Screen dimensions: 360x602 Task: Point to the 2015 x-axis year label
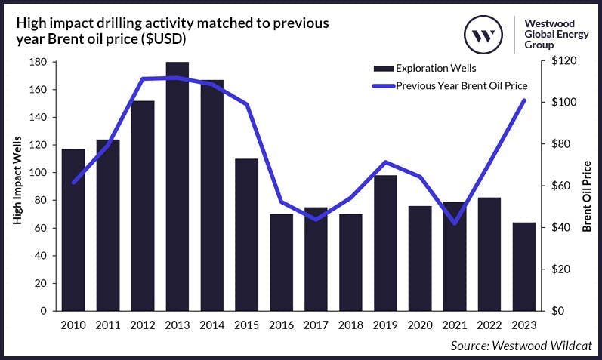[247, 325]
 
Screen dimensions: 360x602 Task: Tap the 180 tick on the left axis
[37, 62]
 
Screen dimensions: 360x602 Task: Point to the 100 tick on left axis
[37, 173]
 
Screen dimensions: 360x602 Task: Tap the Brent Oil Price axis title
[587, 200]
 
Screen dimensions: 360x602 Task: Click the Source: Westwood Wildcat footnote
[520, 346]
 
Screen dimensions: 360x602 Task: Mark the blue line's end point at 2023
[524, 100]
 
